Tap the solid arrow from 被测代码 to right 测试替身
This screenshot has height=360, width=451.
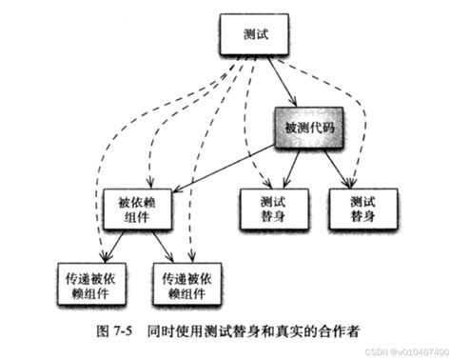click(334, 167)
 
